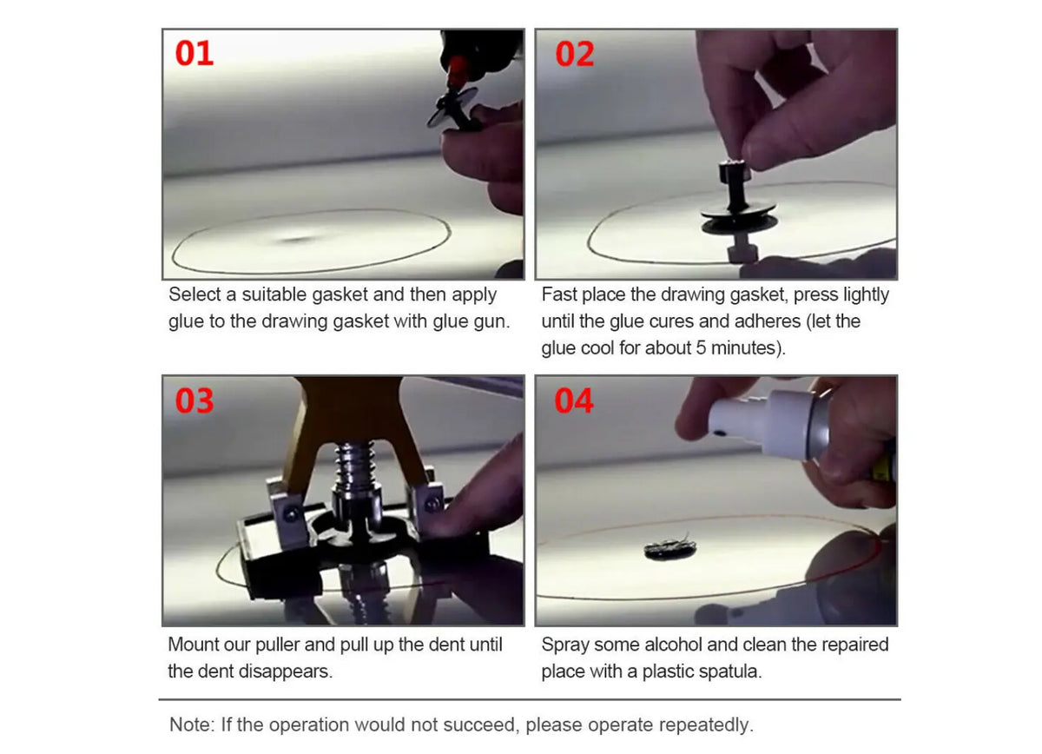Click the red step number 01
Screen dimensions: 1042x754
(195, 53)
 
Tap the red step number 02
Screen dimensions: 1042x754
(575, 54)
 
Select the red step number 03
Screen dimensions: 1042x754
(195, 400)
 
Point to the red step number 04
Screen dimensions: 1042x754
(574, 400)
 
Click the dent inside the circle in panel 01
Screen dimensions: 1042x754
(298, 239)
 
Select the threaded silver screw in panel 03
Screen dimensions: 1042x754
(356, 470)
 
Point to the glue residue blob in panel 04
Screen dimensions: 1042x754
(670, 549)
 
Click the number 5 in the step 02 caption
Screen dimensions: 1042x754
(701, 348)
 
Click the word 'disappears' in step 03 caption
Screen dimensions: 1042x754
(285, 671)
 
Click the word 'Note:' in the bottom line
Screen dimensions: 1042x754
(193, 724)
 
